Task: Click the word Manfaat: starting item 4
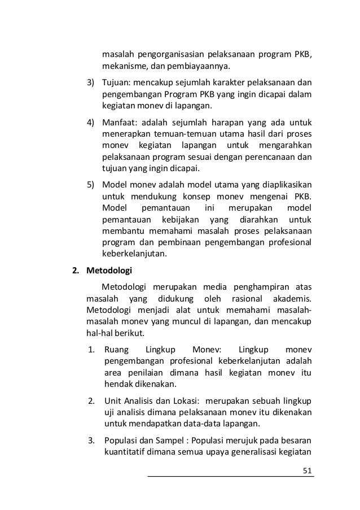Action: pos(119,123)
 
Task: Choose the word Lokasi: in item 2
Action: pos(183,400)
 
